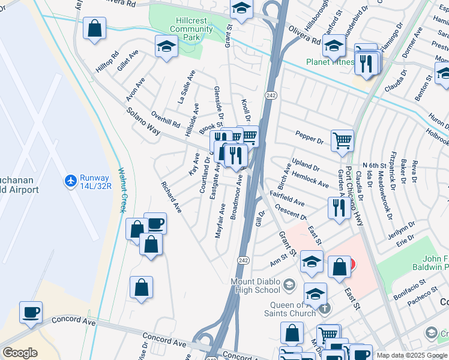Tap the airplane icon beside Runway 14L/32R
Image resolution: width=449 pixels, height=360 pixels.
point(71,180)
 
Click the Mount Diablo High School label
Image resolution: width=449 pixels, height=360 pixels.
point(255,285)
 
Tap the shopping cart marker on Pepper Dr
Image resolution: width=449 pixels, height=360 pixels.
point(342,140)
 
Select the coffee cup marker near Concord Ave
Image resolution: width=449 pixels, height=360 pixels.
point(31,311)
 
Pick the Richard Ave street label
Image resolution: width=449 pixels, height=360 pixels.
point(170,197)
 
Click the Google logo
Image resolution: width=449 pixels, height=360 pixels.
point(20,353)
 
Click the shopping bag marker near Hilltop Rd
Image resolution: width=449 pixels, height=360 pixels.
point(94,28)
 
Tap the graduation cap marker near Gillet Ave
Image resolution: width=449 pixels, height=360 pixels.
point(166,46)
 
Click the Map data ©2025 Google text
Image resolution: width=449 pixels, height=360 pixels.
point(412,355)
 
